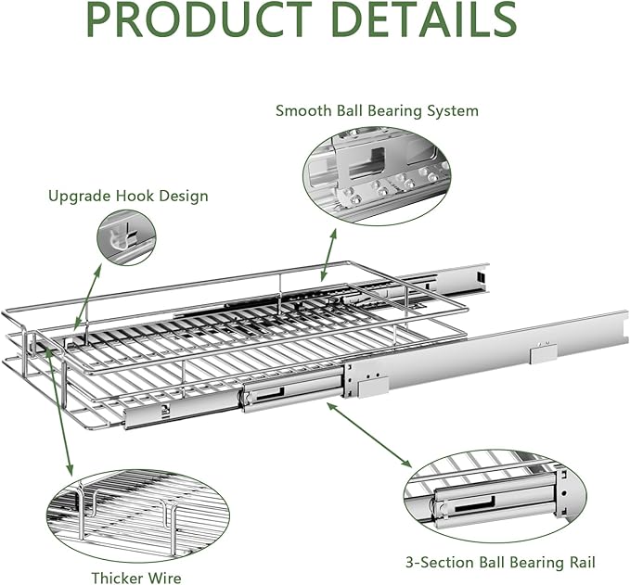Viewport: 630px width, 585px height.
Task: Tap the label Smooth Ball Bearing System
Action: tap(377, 110)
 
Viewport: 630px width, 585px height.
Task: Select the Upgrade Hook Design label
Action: tap(128, 196)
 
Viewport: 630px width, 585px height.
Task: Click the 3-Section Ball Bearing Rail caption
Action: tap(501, 562)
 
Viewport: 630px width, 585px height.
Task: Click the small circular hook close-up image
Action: tap(126, 237)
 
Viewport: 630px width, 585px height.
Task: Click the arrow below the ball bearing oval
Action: tap(328, 254)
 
